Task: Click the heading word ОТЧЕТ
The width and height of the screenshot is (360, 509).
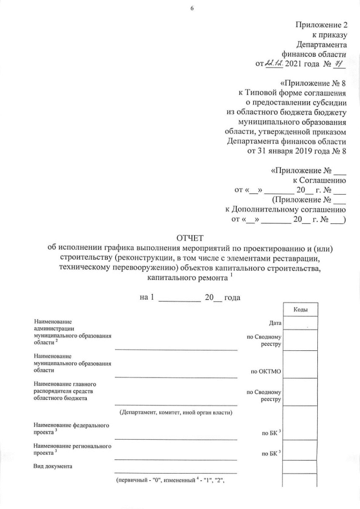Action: [192, 238]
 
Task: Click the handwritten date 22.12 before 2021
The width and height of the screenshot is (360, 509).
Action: [275, 64]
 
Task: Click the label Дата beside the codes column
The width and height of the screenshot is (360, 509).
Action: [275, 323]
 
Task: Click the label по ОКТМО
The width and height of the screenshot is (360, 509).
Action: [265, 371]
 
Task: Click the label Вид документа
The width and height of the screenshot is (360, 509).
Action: [53, 466]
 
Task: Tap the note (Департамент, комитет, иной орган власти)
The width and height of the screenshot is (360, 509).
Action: [176, 412]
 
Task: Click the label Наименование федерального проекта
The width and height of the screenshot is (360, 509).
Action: [71, 428]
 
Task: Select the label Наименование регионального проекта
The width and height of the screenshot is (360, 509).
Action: [72, 449]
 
